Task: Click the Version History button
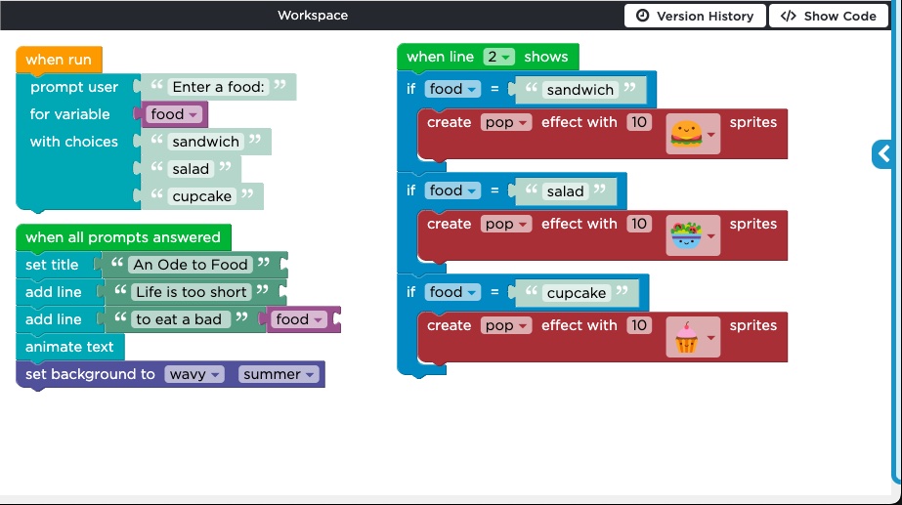(x=695, y=16)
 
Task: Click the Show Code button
(x=829, y=16)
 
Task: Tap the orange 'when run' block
(x=59, y=60)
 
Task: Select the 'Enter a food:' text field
(x=219, y=87)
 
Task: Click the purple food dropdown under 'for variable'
(x=174, y=114)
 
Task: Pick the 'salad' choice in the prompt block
(x=191, y=169)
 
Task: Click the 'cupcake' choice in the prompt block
(x=202, y=196)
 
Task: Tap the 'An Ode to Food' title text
(x=191, y=265)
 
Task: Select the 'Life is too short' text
(x=191, y=292)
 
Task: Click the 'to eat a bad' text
(x=178, y=319)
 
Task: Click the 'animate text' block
(x=69, y=347)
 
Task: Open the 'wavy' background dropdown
(x=193, y=374)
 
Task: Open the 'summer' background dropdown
(x=279, y=374)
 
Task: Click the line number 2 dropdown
(x=498, y=57)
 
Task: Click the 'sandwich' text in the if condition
(x=580, y=90)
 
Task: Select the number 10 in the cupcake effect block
(x=639, y=325)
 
